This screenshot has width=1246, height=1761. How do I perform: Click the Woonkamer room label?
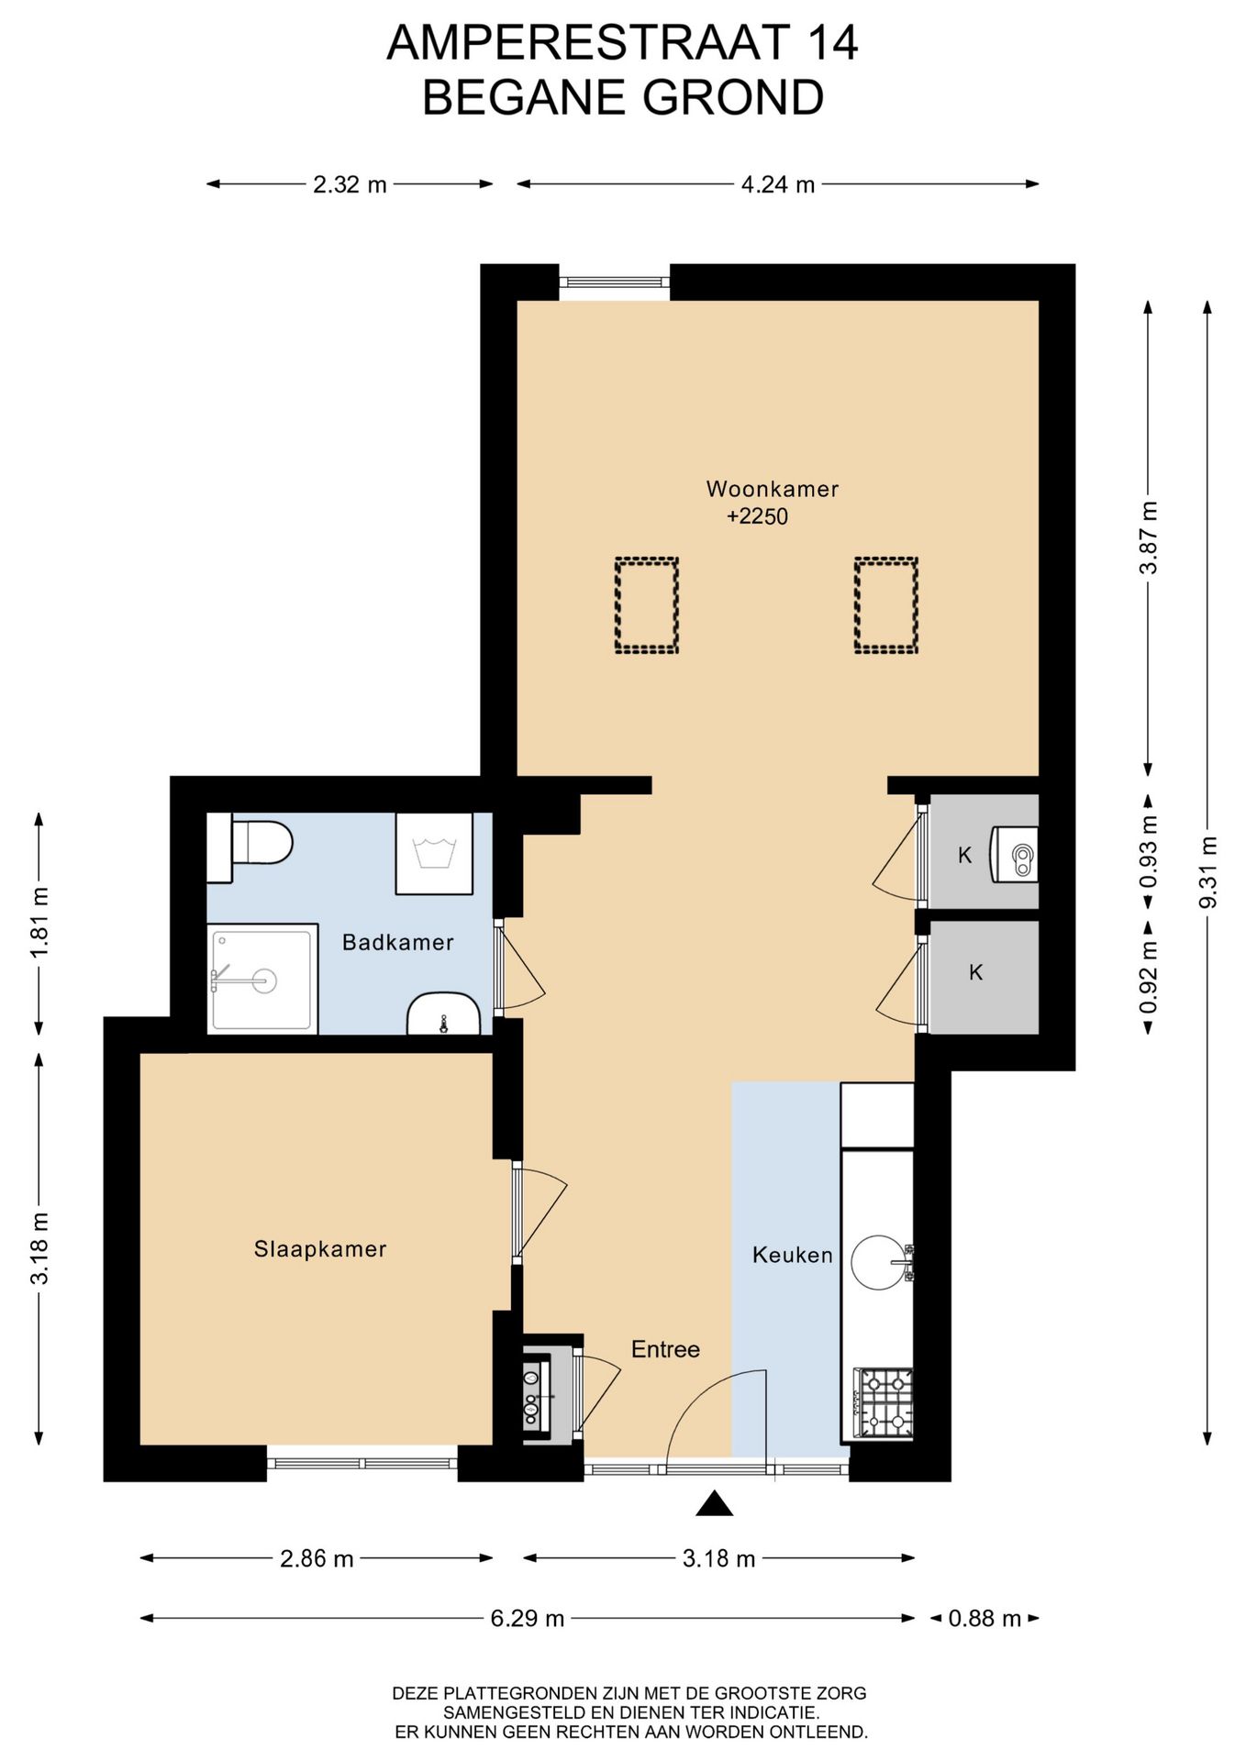(772, 489)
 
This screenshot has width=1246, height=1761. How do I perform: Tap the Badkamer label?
(397, 942)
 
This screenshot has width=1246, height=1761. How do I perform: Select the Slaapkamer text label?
(319, 1248)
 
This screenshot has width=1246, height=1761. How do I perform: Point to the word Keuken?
(792, 1255)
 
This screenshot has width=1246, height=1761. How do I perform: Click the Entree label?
(665, 1349)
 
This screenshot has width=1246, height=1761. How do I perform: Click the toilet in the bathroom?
(250, 842)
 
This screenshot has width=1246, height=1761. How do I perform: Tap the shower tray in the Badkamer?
(262, 979)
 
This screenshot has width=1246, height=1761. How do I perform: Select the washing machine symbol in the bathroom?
(434, 853)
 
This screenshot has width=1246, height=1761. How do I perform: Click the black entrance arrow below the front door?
(715, 1503)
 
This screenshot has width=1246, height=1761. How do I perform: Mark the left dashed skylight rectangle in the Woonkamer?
(647, 605)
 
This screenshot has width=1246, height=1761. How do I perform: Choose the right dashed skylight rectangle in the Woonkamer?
(886, 605)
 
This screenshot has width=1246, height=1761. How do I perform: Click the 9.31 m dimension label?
(1208, 872)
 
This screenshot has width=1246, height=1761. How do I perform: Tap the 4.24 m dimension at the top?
(778, 184)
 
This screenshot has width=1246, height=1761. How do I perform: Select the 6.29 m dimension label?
(527, 1618)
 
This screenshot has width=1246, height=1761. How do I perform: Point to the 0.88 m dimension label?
(985, 1618)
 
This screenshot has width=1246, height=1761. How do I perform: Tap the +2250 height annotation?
(757, 516)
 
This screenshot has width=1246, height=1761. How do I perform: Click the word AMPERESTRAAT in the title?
(588, 42)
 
